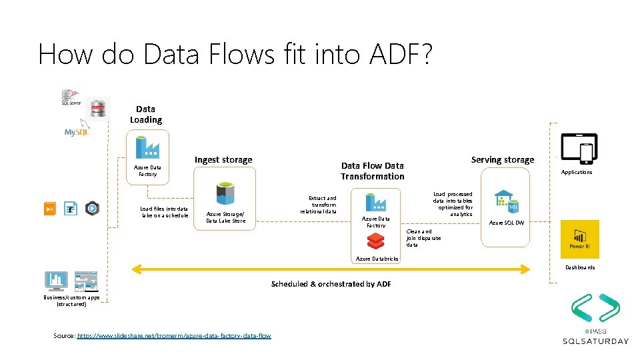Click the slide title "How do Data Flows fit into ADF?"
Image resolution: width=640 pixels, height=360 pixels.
pyautogui.click(x=235, y=54)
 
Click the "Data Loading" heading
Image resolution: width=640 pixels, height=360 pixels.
pyautogui.click(x=146, y=114)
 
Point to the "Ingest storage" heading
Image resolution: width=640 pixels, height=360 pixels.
pyautogui.click(x=223, y=160)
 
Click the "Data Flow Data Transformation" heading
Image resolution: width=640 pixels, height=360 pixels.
pyautogui.click(x=372, y=171)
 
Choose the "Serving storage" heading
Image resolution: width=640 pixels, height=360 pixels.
pyautogui.click(x=502, y=160)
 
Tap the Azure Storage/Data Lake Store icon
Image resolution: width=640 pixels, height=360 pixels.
pyautogui.click(x=225, y=194)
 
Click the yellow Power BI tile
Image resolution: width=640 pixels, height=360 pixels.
pyautogui.click(x=579, y=239)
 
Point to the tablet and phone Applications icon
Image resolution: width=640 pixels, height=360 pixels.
pyautogui.click(x=578, y=149)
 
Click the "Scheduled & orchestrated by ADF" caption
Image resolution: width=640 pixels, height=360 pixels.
pyautogui.click(x=331, y=284)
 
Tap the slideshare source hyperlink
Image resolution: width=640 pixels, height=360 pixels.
pyautogui.click(x=174, y=335)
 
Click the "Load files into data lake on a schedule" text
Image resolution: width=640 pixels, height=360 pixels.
pyautogui.click(x=164, y=212)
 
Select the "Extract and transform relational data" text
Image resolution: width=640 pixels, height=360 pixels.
pyautogui.click(x=320, y=205)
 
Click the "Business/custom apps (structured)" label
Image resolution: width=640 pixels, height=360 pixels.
pyautogui.click(x=71, y=301)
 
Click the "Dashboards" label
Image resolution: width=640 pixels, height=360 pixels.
pyautogui.click(x=580, y=267)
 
